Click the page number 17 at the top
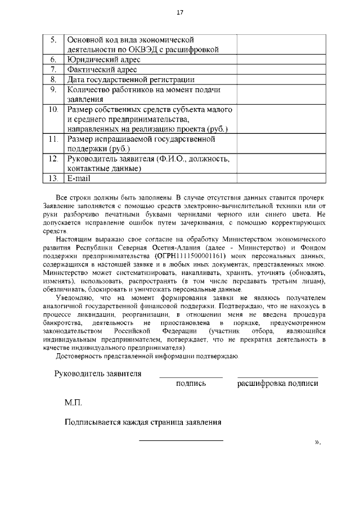click(x=180, y=12)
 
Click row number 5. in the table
click(x=53, y=40)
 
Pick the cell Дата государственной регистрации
click(x=130, y=79)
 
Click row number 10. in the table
click(x=53, y=109)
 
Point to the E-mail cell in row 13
click(x=79, y=178)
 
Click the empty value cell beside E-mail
click(x=276, y=178)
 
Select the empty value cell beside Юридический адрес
click(x=276, y=59)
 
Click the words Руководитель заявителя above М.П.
click(x=98, y=373)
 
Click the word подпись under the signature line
click(x=191, y=384)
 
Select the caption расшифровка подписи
click(x=278, y=384)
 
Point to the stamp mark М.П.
click(x=74, y=403)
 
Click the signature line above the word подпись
click(x=191, y=377)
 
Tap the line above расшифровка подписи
click(x=278, y=377)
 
